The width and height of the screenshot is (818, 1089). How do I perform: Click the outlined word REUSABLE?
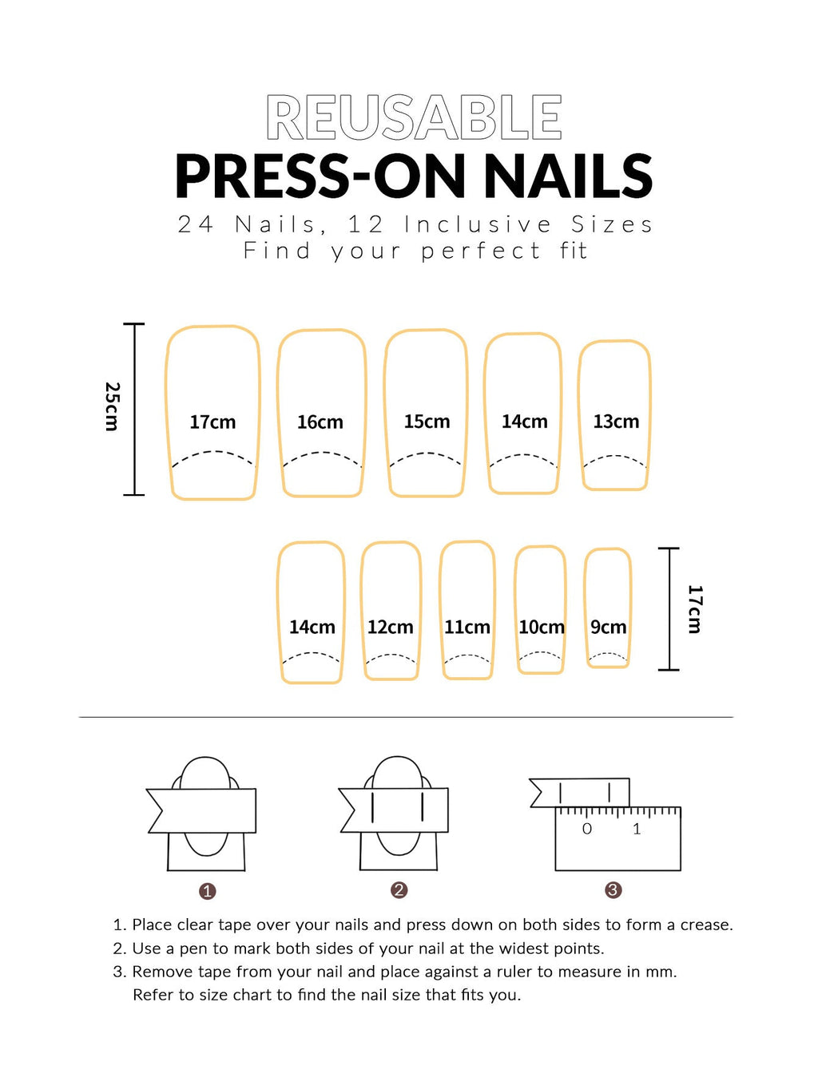pos(414,118)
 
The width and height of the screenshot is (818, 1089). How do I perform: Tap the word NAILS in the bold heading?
pos(568,176)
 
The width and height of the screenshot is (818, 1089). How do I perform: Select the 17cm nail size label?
pos(212,422)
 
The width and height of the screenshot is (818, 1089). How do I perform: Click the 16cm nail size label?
pos(320,422)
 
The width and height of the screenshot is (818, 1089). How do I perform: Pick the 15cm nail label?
pos(427,421)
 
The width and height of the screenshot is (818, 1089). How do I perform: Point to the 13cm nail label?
pos(616,421)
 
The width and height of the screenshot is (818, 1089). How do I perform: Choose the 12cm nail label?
pos(391,627)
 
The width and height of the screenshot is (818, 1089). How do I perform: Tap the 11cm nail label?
pos(467,627)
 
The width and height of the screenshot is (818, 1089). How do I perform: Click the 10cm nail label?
pos(542,627)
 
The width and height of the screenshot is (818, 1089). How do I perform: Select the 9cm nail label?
pos(608,627)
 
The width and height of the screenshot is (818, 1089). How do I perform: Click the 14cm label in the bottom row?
pos(312,627)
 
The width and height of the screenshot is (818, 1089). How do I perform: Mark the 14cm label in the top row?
pos(525,421)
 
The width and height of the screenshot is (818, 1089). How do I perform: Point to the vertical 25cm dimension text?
pos(113,406)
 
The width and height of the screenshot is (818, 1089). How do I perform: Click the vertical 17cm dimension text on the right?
pos(695,609)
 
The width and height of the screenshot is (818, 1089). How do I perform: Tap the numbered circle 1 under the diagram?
pos(208,891)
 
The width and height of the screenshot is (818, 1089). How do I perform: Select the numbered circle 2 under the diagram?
pos(399,890)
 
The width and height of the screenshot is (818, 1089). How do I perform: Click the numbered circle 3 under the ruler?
pos(613,890)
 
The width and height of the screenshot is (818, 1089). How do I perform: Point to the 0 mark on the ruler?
pos(587,829)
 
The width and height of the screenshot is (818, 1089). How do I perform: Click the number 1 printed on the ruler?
pos(637,829)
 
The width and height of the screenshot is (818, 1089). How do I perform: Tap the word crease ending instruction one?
pos(704,925)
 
